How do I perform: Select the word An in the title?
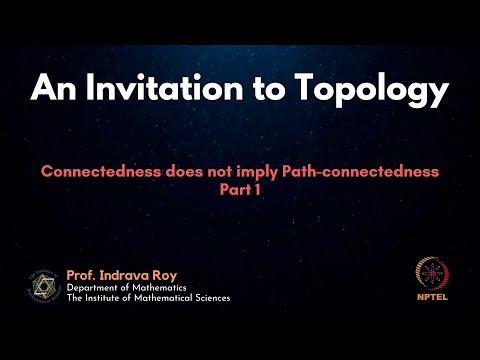pos(52,89)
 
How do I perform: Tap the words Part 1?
pos(240,187)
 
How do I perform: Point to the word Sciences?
pos(209,298)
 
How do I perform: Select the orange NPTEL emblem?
pos(431,274)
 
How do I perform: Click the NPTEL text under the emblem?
pos(431,296)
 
